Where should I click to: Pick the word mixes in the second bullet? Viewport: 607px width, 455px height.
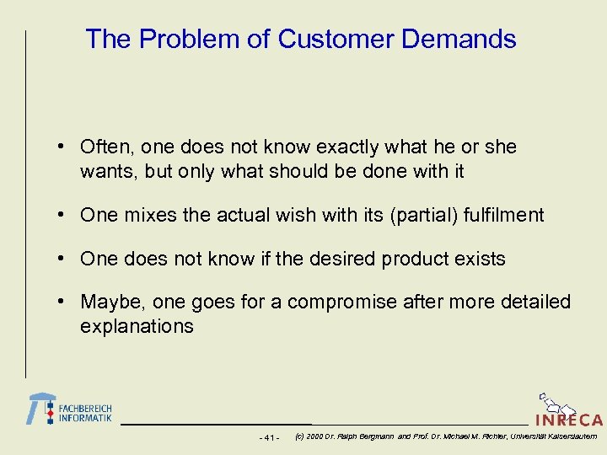click(x=148, y=216)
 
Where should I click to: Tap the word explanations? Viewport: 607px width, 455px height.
click(x=137, y=327)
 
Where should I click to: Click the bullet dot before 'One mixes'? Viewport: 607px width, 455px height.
click(x=62, y=216)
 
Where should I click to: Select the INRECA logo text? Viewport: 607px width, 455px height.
click(x=569, y=419)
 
